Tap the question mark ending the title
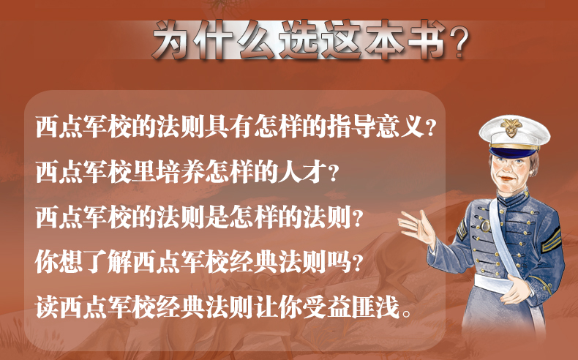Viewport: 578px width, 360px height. [459, 40]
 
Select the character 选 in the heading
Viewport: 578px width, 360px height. [299, 39]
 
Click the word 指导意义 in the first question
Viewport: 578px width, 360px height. [375, 127]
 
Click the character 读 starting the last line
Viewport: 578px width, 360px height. [47, 307]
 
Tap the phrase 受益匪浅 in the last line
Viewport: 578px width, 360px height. [350, 307]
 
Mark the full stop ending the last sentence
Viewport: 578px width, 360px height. [407, 314]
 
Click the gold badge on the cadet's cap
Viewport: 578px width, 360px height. [511, 127]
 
